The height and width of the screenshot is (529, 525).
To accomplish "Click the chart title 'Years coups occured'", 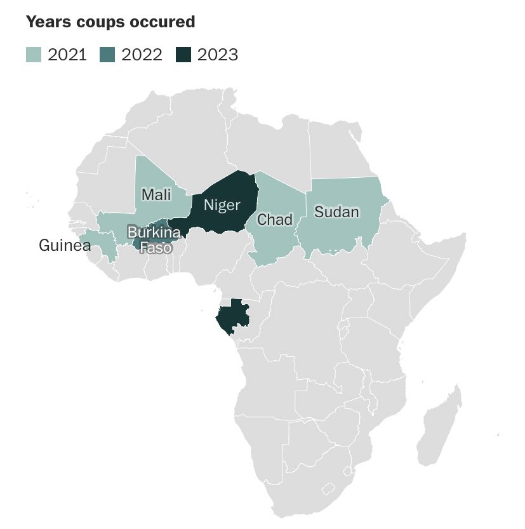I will pyautogui.click(x=110, y=22).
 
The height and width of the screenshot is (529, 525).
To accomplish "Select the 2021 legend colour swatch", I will pyautogui.click(x=34, y=55).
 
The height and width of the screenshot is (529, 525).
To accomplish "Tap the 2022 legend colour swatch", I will pyautogui.click(x=107, y=55).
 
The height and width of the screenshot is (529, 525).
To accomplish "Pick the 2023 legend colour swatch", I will pyautogui.click(x=183, y=55).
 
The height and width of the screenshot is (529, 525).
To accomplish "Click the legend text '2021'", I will pyautogui.click(x=67, y=55).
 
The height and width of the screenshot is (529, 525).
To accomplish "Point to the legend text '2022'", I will pyautogui.click(x=142, y=55).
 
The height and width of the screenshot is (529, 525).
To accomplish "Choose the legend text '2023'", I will pyautogui.click(x=218, y=55).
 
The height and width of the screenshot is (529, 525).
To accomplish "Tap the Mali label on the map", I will pyautogui.click(x=156, y=195).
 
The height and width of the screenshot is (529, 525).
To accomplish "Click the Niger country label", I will pyautogui.click(x=222, y=205).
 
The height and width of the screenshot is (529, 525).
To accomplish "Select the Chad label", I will pyautogui.click(x=274, y=220).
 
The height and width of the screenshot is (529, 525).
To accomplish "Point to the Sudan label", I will pyautogui.click(x=336, y=212).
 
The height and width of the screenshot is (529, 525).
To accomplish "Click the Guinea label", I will pyautogui.click(x=65, y=245).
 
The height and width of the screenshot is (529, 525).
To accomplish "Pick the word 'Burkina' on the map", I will pyautogui.click(x=154, y=232).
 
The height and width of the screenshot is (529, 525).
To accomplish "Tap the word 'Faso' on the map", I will pyautogui.click(x=156, y=247).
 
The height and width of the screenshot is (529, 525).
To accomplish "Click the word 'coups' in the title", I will pyautogui.click(x=94, y=22).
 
